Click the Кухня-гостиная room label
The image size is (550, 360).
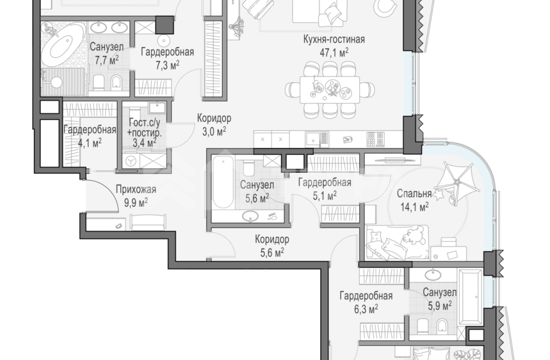point(334,39)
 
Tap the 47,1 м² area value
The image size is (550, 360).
point(334,53)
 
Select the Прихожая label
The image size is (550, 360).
point(136,190)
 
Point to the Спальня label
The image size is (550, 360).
point(414,194)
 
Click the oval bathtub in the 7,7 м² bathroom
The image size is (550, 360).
point(63,45)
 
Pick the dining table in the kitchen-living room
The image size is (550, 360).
point(330,90)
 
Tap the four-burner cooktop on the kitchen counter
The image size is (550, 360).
point(376,139)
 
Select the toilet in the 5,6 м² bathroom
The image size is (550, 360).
point(249,168)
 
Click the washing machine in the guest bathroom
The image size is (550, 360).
point(131,162)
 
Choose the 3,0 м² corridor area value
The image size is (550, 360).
point(214,132)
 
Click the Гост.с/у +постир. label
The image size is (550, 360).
point(145,133)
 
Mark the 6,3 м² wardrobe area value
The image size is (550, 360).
point(366,309)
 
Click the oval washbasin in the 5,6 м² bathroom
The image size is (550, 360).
point(251,216)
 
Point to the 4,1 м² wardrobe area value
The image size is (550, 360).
point(90,143)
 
